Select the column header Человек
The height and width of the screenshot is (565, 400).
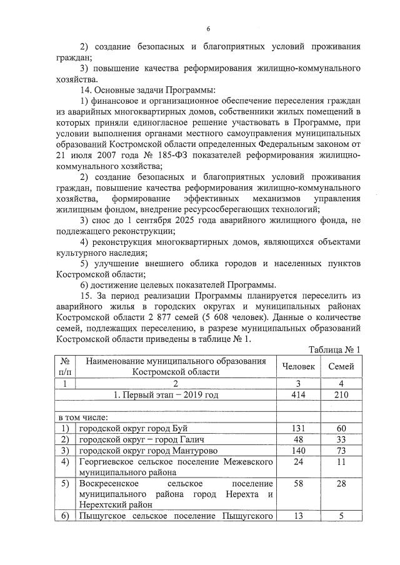[x=298, y=366]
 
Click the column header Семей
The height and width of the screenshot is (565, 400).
[x=341, y=366]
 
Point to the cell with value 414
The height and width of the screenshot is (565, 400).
[x=298, y=394]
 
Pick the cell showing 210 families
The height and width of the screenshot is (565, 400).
[x=341, y=394]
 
